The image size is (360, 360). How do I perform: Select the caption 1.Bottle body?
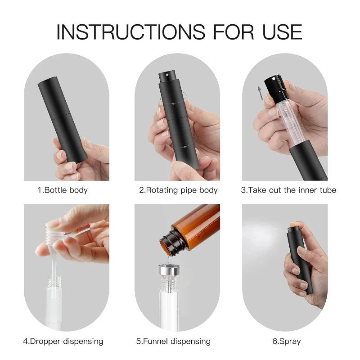62,190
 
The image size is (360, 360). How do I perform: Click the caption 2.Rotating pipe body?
178,190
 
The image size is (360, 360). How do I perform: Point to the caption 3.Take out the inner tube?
288,190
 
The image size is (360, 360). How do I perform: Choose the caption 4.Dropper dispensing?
63,342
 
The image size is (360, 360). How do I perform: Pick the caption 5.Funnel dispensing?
178,342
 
